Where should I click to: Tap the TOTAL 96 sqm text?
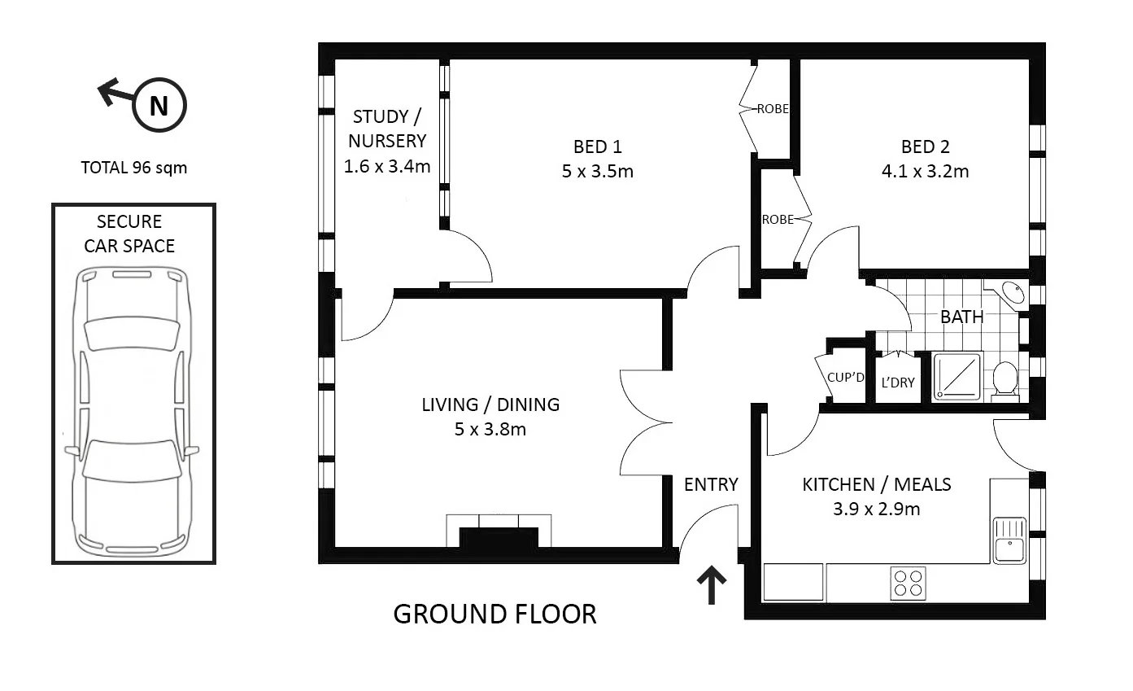(x=134, y=168)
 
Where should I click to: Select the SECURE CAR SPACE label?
(x=130, y=234)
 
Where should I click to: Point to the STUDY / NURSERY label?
(x=386, y=129)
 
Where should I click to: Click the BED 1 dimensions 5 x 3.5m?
(x=597, y=172)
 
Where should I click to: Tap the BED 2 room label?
(x=925, y=147)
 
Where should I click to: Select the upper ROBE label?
(x=773, y=108)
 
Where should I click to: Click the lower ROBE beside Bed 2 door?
(x=777, y=220)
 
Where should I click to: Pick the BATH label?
(x=961, y=317)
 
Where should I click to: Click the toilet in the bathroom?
(x=1005, y=380)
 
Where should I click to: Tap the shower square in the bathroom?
(x=957, y=376)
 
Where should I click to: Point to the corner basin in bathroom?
(x=1012, y=292)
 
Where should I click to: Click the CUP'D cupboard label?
(x=846, y=377)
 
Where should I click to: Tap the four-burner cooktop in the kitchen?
(x=908, y=582)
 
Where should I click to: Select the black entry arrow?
(x=712, y=585)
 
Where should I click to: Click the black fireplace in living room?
(x=499, y=538)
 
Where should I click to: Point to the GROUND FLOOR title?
(x=495, y=614)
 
